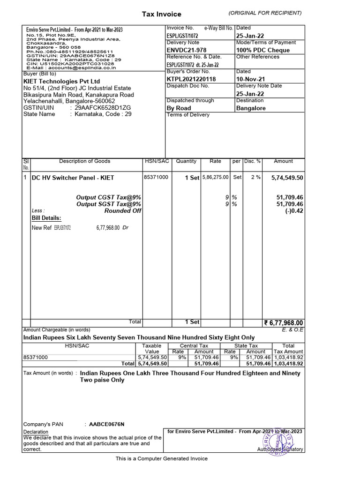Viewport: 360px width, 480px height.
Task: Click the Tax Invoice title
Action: pyautogui.click(x=161, y=15)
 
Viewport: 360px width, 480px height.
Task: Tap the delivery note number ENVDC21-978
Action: pyautogui.click(x=186, y=50)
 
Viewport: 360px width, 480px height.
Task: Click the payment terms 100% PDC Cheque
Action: pyautogui.click(x=262, y=50)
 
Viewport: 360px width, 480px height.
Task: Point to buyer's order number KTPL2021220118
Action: pyautogui.click(x=191, y=79)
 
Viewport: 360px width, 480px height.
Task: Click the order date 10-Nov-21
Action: pyautogui.click(x=250, y=79)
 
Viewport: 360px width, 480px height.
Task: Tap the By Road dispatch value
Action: pyautogui.click(x=179, y=108)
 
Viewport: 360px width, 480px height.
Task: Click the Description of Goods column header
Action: pyautogui.click(x=84, y=161)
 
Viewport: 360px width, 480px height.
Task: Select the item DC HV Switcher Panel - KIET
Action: pyautogui.click(x=73, y=178)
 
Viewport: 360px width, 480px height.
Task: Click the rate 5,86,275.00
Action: pyautogui.click(x=215, y=178)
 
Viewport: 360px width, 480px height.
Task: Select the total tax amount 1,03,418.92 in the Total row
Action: pyautogui.click(x=288, y=363)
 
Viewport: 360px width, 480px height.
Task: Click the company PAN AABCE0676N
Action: pyautogui.click(x=107, y=424)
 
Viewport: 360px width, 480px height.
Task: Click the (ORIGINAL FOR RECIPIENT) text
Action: pyautogui.click(x=265, y=13)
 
